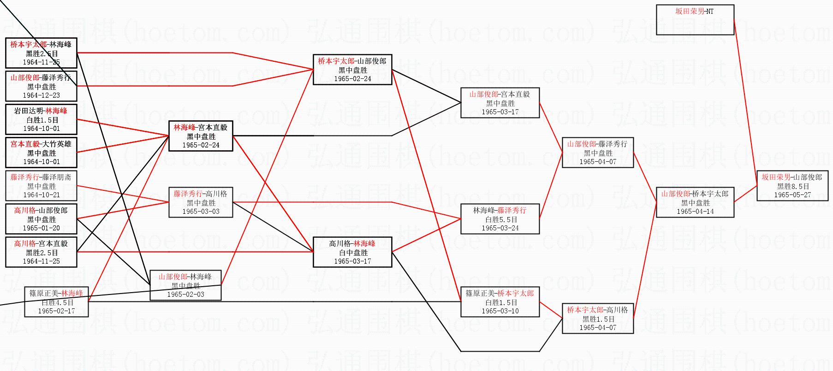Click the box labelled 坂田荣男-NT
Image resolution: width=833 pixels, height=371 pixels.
(695, 19)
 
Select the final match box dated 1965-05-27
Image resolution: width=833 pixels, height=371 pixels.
(792, 186)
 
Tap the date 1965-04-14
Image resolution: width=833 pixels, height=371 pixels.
(695, 212)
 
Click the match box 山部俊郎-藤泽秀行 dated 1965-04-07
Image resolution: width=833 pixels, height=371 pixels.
(597, 153)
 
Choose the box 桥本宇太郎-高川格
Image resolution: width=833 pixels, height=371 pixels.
(597, 318)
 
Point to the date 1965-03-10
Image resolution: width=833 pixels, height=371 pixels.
(500, 311)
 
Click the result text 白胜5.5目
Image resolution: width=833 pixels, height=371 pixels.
(500, 219)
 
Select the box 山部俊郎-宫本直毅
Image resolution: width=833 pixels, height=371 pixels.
(500, 103)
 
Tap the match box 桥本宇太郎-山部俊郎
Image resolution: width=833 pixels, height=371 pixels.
(352, 70)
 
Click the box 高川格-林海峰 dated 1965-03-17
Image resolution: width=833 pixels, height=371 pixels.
(352, 252)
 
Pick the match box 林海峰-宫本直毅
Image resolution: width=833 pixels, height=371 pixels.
(201, 136)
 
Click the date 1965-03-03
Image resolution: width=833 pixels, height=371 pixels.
(201, 212)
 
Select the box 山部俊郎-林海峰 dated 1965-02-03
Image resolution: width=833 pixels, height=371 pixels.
(185, 285)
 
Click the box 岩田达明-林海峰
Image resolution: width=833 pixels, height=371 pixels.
(41, 119)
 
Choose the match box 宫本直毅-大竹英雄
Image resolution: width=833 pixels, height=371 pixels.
(41, 153)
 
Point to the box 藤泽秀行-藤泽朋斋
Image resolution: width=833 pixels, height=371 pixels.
(41, 186)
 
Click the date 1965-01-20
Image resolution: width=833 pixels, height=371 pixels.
(41, 228)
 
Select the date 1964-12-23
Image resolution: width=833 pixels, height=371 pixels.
(41, 95)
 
